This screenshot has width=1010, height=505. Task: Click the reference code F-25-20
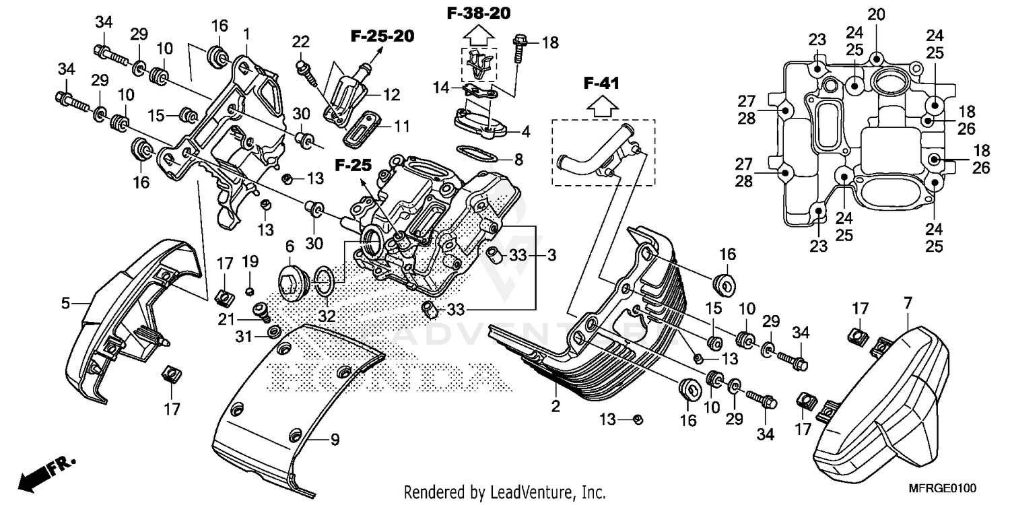point(381,36)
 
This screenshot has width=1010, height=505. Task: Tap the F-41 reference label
point(601,83)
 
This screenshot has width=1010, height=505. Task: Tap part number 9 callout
point(334,440)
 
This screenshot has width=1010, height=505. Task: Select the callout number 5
point(65,304)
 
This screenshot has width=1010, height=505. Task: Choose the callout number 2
point(555,406)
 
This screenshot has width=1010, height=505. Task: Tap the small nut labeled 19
point(250,290)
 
